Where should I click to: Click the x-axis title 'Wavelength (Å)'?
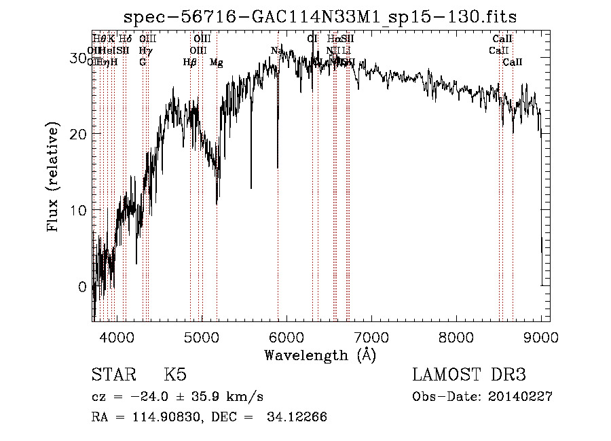click(320, 355)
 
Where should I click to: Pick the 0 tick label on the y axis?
click(83, 287)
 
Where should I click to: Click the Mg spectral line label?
click(216, 63)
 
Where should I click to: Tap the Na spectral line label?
click(276, 50)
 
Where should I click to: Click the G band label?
click(143, 62)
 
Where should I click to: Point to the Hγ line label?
click(145, 50)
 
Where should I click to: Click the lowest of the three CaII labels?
click(513, 63)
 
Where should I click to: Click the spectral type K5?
click(175, 375)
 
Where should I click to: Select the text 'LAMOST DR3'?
click(469, 375)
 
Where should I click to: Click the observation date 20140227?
click(519, 397)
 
